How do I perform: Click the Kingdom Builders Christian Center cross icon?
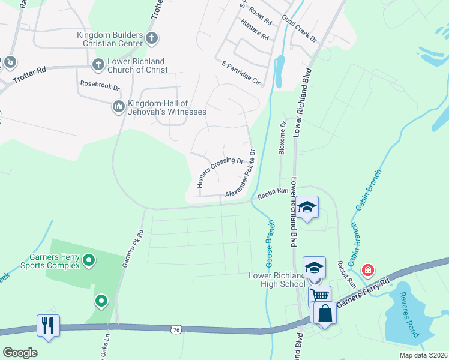pyautogui.click(x=152, y=39)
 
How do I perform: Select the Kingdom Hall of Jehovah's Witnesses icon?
pyautogui.click(x=118, y=107)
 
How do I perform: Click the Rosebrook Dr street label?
pyautogui.click(x=100, y=86)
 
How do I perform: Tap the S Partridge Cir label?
pyautogui.click(x=241, y=72)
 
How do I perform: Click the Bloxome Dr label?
pyautogui.click(x=282, y=138)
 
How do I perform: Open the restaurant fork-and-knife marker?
pyautogui.click(x=47, y=326)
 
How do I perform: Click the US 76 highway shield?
pyautogui.click(x=175, y=329)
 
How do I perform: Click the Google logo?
pyautogui.click(x=20, y=353)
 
